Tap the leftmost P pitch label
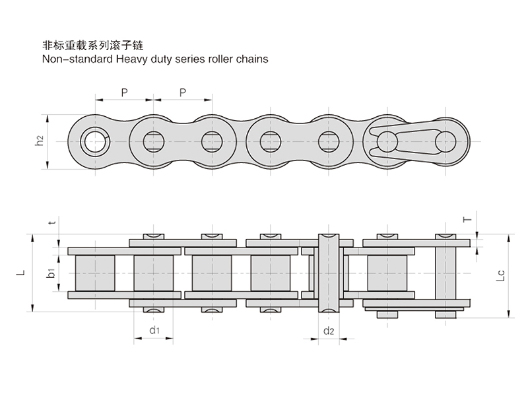tap(124, 92)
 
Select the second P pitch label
tap(182, 92)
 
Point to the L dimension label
tap(21, 272)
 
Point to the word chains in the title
tap(251, 58)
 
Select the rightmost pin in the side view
tap(447, 141)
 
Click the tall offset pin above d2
tap(329, 273)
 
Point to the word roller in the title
tap(218, 58)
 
